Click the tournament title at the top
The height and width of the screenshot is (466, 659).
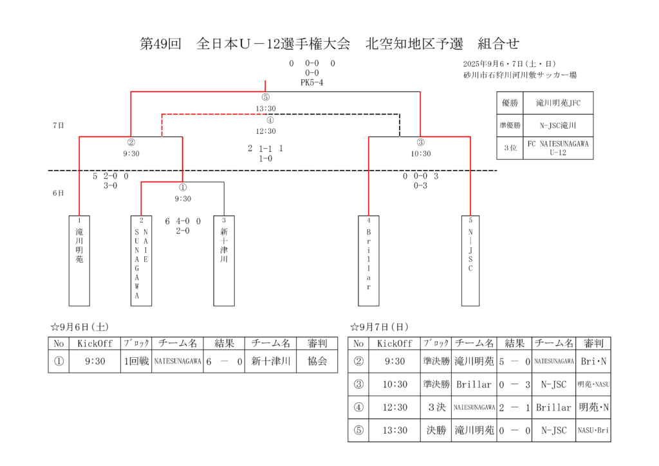329,44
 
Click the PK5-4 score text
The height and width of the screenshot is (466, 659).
311,82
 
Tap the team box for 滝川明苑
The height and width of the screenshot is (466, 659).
79,261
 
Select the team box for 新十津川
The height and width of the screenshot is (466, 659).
224,261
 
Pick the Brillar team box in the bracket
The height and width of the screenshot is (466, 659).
369,261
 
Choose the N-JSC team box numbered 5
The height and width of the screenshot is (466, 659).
470,261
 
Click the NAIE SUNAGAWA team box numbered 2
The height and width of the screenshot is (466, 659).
142,261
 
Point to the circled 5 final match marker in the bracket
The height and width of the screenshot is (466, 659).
266,98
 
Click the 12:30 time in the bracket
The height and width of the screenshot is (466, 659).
266,131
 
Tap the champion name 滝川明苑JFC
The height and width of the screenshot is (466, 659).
558,103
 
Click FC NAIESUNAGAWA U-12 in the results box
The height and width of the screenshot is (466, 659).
558,148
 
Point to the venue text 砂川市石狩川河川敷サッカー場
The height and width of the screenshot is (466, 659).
519,75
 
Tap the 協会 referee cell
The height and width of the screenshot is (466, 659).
317,362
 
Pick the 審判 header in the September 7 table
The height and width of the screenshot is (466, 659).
593,344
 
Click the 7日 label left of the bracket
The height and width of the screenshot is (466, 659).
58,126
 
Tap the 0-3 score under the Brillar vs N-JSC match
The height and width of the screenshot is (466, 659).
421,185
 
